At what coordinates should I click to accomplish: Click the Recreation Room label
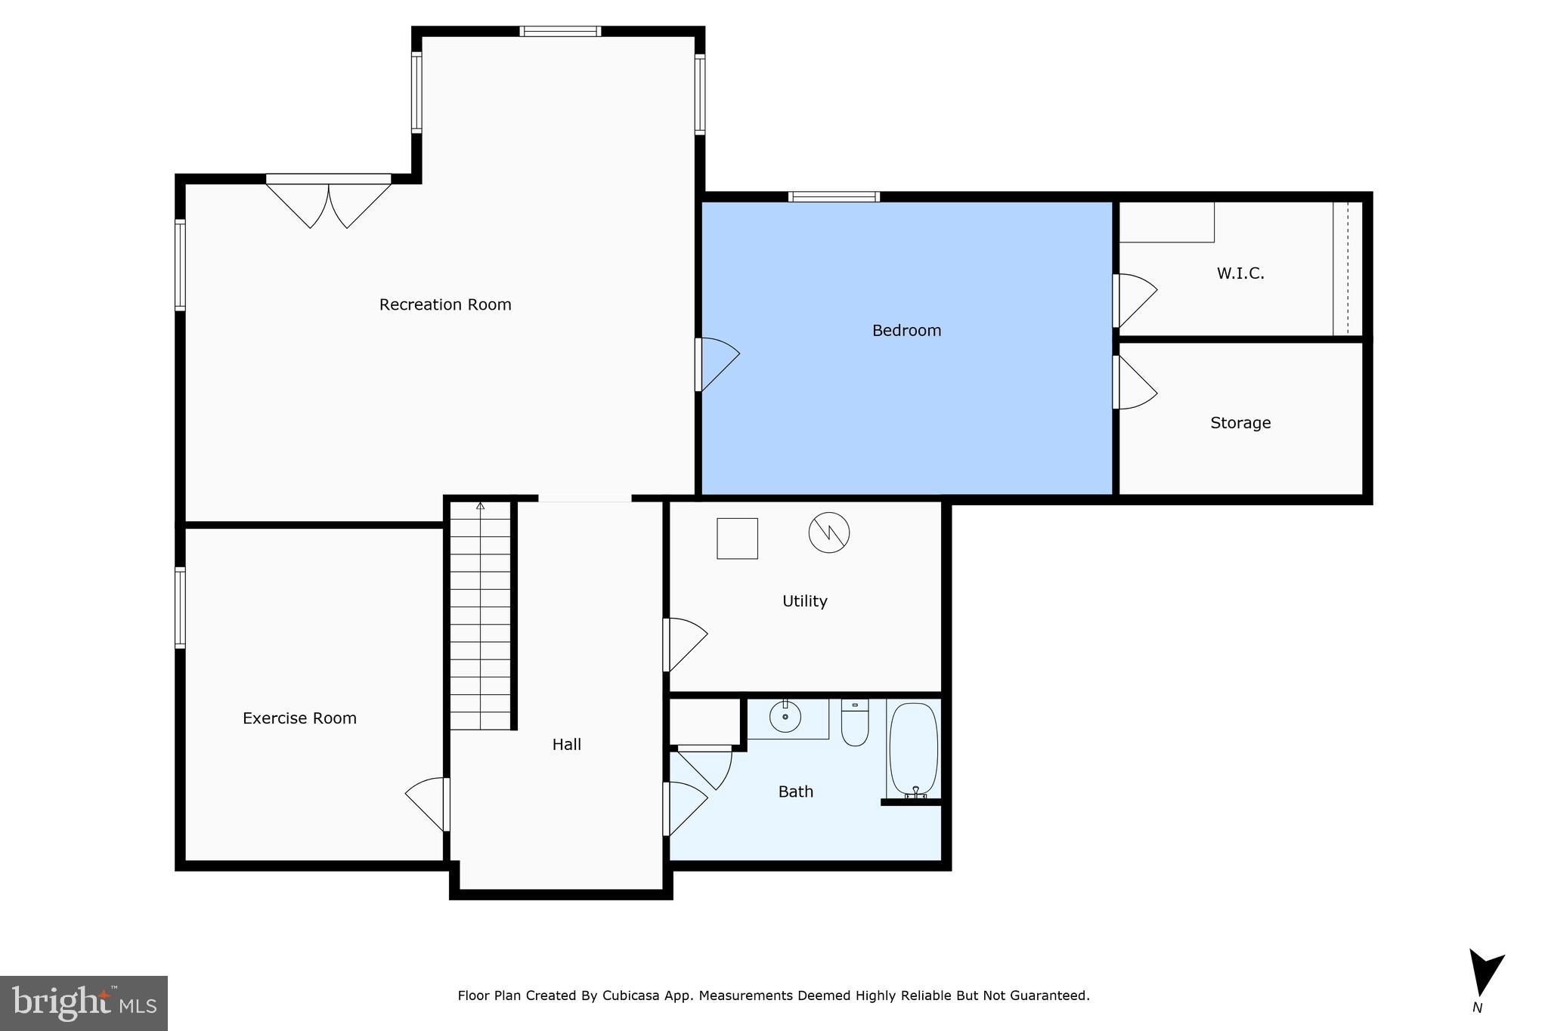click(x=445, y=304)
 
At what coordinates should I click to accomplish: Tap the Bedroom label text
click(x=906, y=330)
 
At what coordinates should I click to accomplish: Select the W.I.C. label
click(x=1240, y=273)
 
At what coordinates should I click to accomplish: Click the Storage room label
click(x=1240, y=423)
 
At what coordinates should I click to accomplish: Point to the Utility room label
click(x=804, y=601)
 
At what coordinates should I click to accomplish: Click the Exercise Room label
click(x=299, y=718)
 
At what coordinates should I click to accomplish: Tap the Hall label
click(x=566, y=745)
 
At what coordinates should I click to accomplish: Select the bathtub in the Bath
click(x=914, y=748)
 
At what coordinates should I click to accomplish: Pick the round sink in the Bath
click(x=785, y=716)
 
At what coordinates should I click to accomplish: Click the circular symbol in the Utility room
click(x=829, y=532)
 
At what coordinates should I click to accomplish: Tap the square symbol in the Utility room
click(x=737, y=539)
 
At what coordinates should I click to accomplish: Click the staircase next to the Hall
click(x=480, y=616)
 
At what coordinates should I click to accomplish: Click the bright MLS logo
click(x=84, y=1003)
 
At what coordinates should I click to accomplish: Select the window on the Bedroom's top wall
click(x=834, y=197)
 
